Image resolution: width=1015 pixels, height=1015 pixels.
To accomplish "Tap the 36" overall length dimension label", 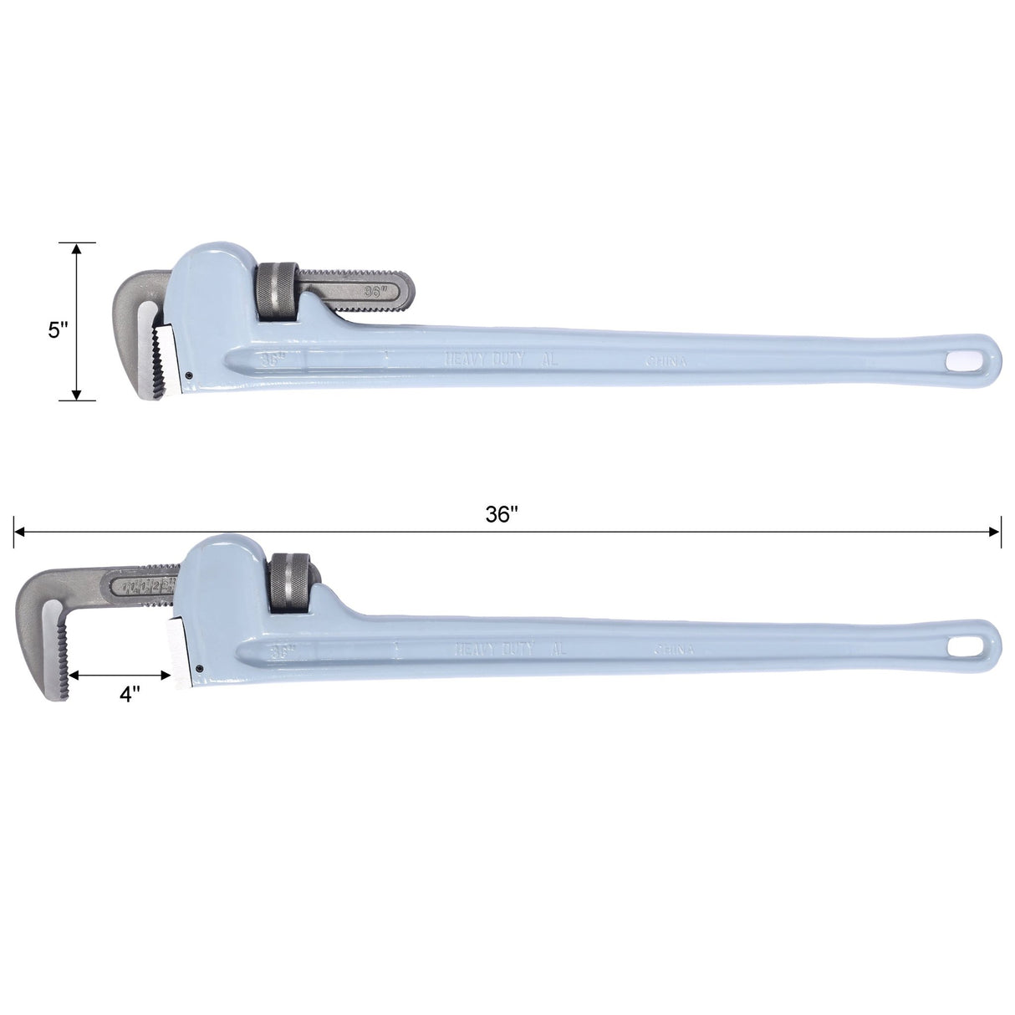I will coord(502,515).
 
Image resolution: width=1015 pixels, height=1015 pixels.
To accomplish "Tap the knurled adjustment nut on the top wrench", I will coord(276,292).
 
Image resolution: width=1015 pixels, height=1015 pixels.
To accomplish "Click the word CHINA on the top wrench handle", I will coord(666,362).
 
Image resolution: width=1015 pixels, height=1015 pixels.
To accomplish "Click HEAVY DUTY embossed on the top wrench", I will coord(484,359).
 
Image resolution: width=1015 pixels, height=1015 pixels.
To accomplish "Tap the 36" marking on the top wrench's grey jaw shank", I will coord(374,292).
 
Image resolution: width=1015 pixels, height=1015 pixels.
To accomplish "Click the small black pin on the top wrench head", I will coord(190,375).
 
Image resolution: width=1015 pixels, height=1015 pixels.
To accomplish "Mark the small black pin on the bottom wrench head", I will coord(201,668).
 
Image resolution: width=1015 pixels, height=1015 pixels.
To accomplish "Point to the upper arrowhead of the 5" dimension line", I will coord(77,248).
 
